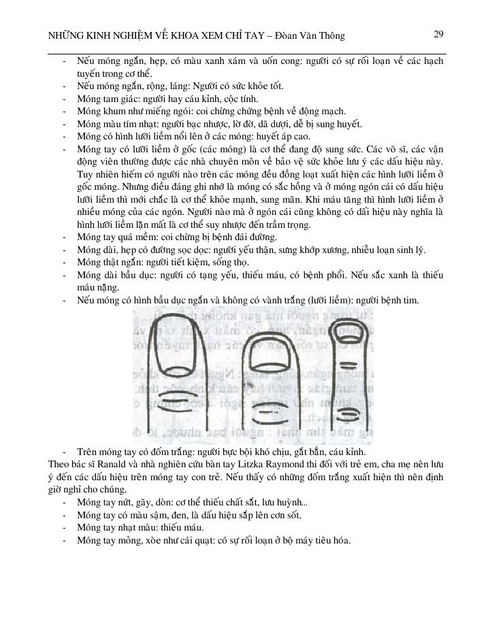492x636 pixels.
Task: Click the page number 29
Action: click(438, 34)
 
